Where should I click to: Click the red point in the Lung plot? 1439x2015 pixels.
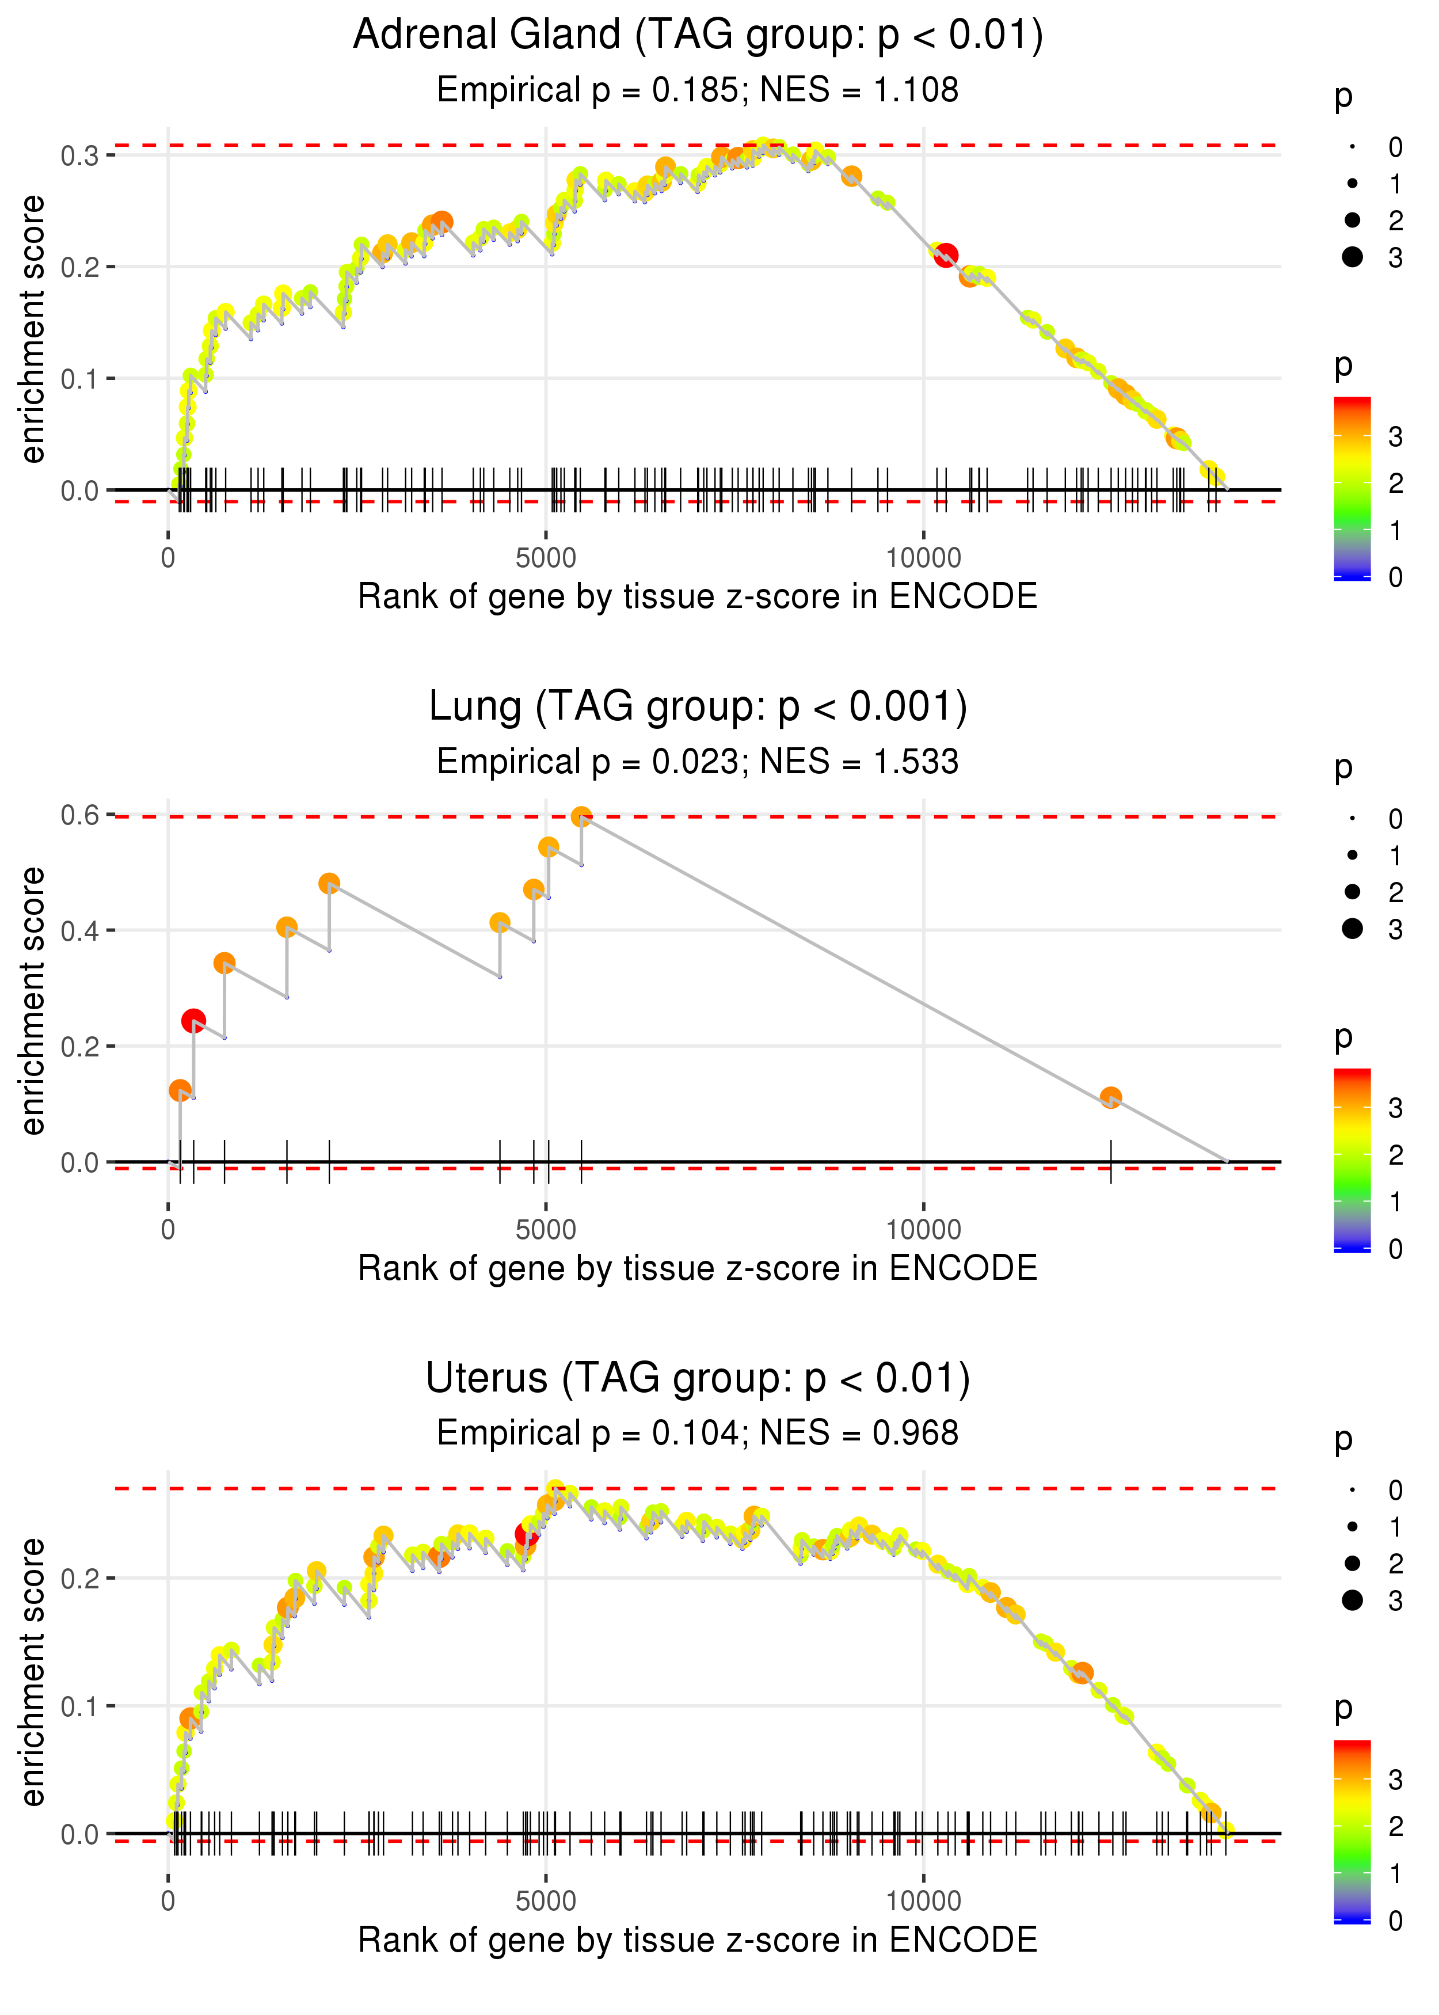[x=193, y=1021]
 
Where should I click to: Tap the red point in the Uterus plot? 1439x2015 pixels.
[x=526, y=1534]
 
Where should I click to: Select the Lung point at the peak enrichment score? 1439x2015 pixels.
[x=581, y=817]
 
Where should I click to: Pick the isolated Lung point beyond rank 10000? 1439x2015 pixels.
[x=1110, y=1098]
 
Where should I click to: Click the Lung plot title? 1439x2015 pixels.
[x=698, y=707]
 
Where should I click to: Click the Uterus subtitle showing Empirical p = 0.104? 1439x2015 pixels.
[x=698, y=1433]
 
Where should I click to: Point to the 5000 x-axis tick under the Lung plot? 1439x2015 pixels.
[x=546, y=1230]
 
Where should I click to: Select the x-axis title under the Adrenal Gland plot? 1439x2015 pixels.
[x=698, y=596]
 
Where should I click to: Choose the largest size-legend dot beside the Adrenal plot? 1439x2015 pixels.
[x=1352, y=257]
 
